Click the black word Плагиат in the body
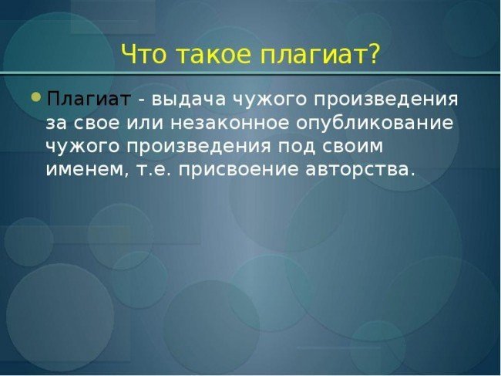(89, 99)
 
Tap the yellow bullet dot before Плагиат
(37, 97)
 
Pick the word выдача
(188, 100)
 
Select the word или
(145, 124)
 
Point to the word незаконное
(230, 124)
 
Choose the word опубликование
(375, 124)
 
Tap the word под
(299, 147)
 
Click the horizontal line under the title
(250, 73)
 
